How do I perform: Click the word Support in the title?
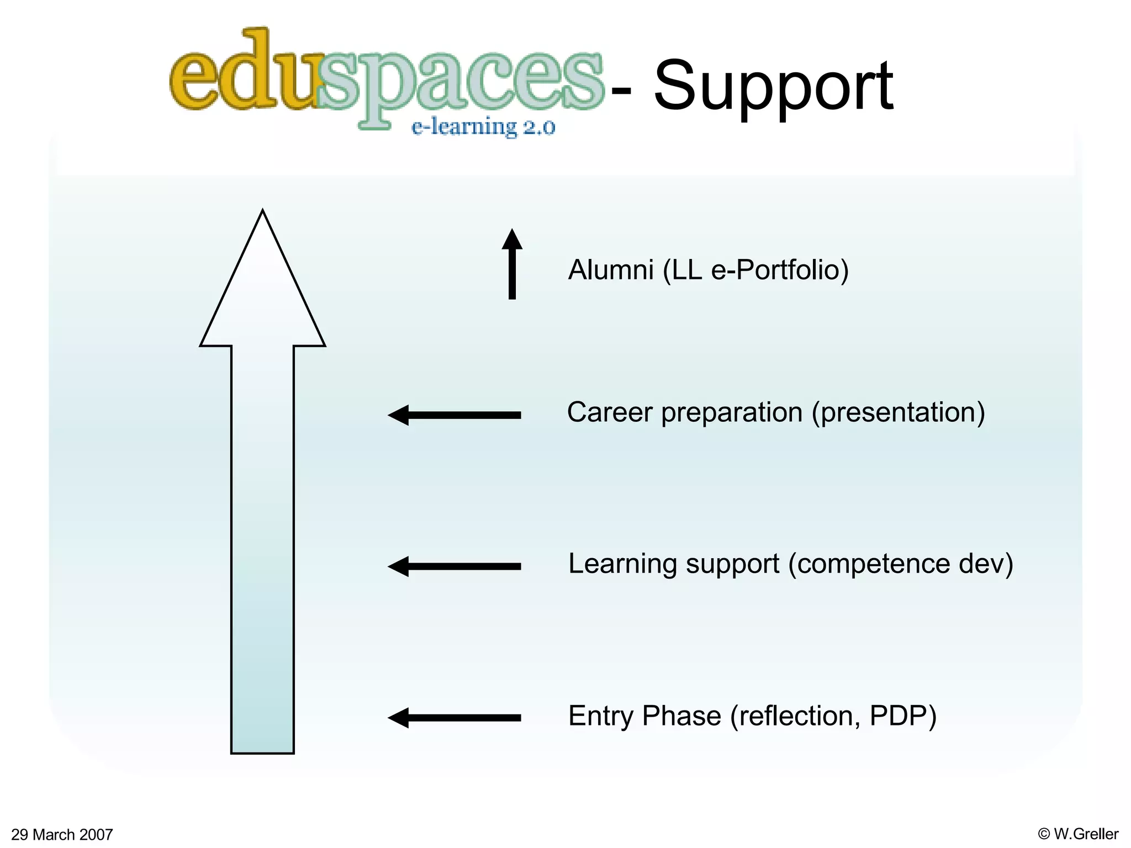point(773,87)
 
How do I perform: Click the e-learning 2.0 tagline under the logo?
point(483,127)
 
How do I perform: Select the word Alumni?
point(611,270)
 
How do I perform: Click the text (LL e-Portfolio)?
point(755,270)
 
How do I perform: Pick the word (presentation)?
point(898,412)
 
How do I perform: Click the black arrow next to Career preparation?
point(454,415)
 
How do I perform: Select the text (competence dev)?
point(901,564)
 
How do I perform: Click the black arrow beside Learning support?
point(454,566)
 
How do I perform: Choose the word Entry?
point(601,716)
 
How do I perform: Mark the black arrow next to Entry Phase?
point(454,718)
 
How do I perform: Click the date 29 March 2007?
point(62,834)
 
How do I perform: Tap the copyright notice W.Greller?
point(1078,834)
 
